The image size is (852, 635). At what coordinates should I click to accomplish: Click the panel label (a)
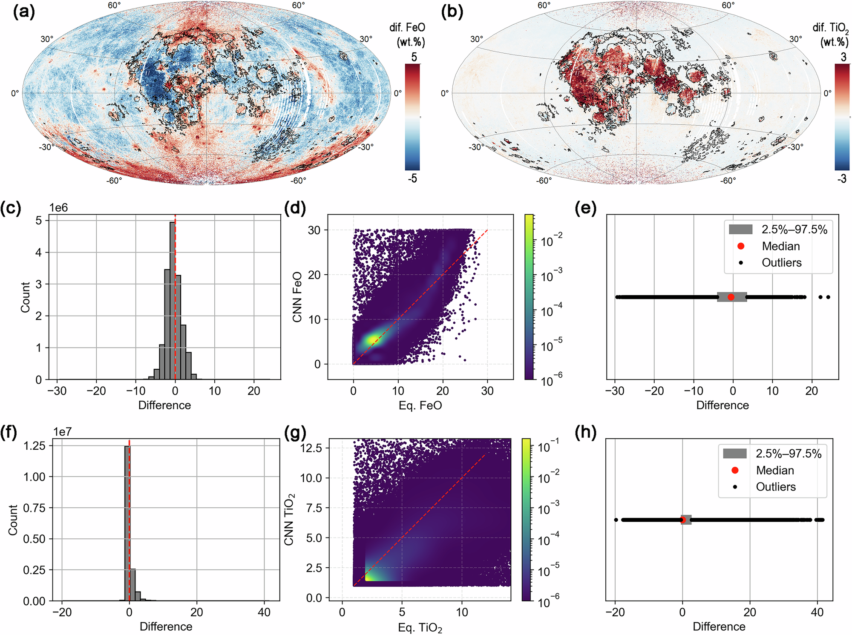24,12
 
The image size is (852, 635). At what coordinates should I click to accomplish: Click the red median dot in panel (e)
731,297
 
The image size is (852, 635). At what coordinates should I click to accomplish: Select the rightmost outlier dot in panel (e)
828,297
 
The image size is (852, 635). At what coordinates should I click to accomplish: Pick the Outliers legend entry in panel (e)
781,263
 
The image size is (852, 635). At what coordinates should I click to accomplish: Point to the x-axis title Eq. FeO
420,405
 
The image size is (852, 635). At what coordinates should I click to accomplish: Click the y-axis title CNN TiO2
289,519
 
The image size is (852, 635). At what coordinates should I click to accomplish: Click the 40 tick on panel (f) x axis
264,612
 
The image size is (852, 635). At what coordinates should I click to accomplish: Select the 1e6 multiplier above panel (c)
58,207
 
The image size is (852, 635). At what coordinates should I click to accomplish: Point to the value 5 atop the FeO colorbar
414,57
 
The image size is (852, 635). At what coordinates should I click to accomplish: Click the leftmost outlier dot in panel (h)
616,520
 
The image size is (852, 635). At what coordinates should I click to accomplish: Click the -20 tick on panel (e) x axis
654,391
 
